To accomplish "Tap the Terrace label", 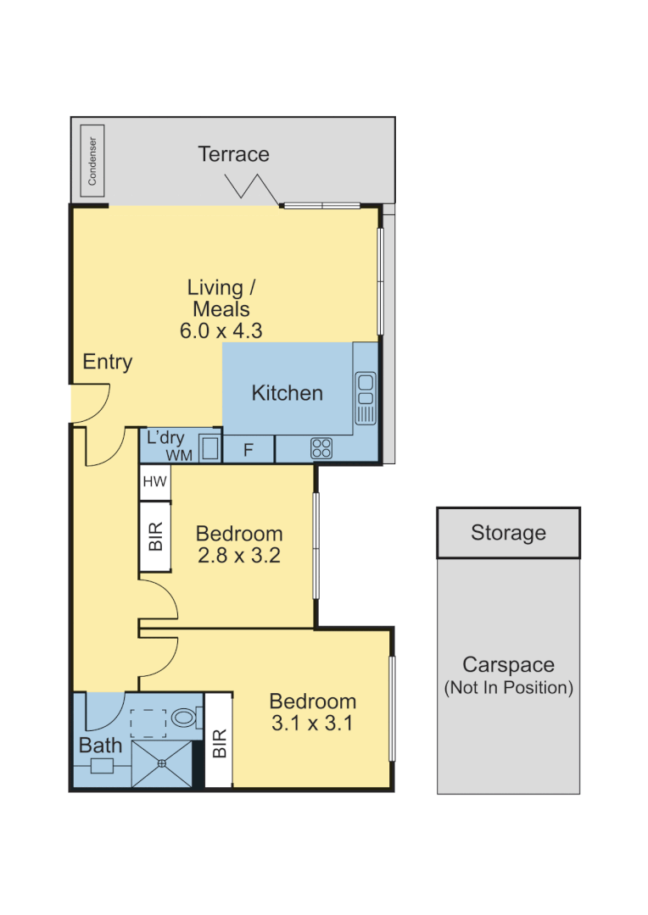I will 233,154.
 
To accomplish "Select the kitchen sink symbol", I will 366,397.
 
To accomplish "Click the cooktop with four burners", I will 321,448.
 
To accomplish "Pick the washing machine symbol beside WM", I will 209,448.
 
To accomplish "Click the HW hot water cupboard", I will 154,482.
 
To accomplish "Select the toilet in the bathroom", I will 184,718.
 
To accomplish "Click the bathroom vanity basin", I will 102,766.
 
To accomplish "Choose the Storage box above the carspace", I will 508,533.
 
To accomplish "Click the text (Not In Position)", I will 508,688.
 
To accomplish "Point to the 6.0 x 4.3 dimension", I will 221,330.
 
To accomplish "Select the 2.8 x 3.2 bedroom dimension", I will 238,557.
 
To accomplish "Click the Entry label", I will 108,363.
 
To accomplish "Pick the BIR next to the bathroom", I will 219,743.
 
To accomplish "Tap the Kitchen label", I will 287,393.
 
